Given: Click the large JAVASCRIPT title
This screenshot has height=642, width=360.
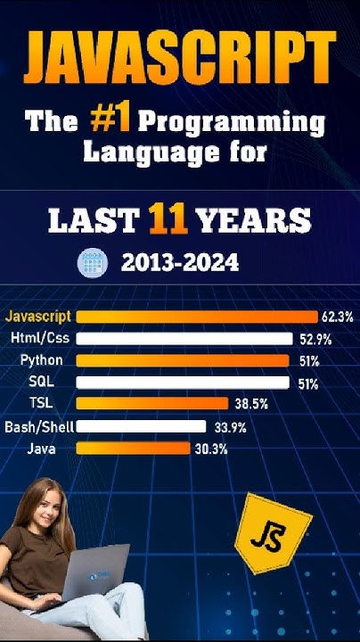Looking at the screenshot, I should click(180, 56).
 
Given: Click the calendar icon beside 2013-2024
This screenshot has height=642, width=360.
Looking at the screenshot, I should click(93, 262).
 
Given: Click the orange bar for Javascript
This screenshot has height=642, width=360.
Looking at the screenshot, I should click(197, 317).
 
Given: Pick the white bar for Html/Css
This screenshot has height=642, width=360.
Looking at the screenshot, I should click(184, 339).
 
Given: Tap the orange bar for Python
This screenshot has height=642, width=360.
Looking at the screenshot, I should click(183, 361).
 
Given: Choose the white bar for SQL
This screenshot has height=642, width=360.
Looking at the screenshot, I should click(183, 383).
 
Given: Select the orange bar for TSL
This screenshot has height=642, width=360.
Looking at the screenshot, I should click(152, 404).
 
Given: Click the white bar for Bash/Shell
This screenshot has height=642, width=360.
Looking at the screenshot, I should click(142, 426).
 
